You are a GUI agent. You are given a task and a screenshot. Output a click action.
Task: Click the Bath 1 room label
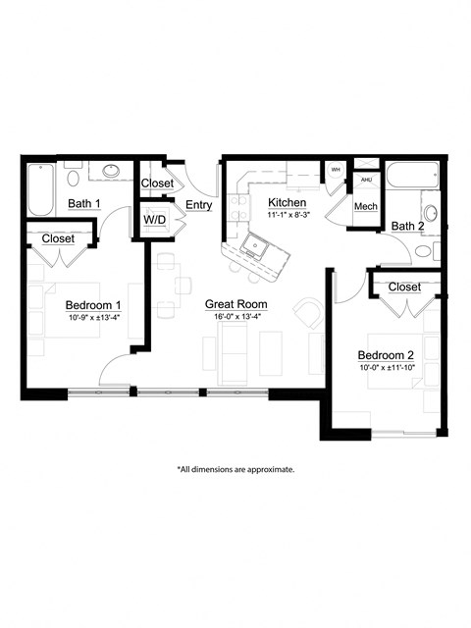84,204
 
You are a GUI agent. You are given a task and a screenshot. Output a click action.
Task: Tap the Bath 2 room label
407,227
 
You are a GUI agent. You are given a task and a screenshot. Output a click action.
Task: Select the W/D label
155,220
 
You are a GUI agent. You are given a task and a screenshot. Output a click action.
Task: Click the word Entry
198,204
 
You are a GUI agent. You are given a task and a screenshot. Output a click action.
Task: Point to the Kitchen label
288,202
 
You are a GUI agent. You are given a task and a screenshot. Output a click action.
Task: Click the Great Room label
235,305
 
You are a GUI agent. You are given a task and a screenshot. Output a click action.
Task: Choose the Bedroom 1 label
93,304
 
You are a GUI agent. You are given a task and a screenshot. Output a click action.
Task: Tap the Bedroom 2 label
386,354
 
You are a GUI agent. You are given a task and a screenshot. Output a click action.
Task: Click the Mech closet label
366,206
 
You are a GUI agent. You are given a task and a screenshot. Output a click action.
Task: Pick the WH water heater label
335,170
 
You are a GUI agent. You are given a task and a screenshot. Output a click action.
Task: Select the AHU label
366,181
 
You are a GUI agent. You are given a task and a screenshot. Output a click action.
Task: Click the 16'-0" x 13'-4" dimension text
235,318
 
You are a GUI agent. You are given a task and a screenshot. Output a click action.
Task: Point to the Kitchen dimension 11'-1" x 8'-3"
288,214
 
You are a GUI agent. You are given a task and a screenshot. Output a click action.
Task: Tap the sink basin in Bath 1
112,172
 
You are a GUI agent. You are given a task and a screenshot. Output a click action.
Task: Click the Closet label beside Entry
157,183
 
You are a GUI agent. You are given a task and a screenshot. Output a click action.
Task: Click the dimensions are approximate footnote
235,469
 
